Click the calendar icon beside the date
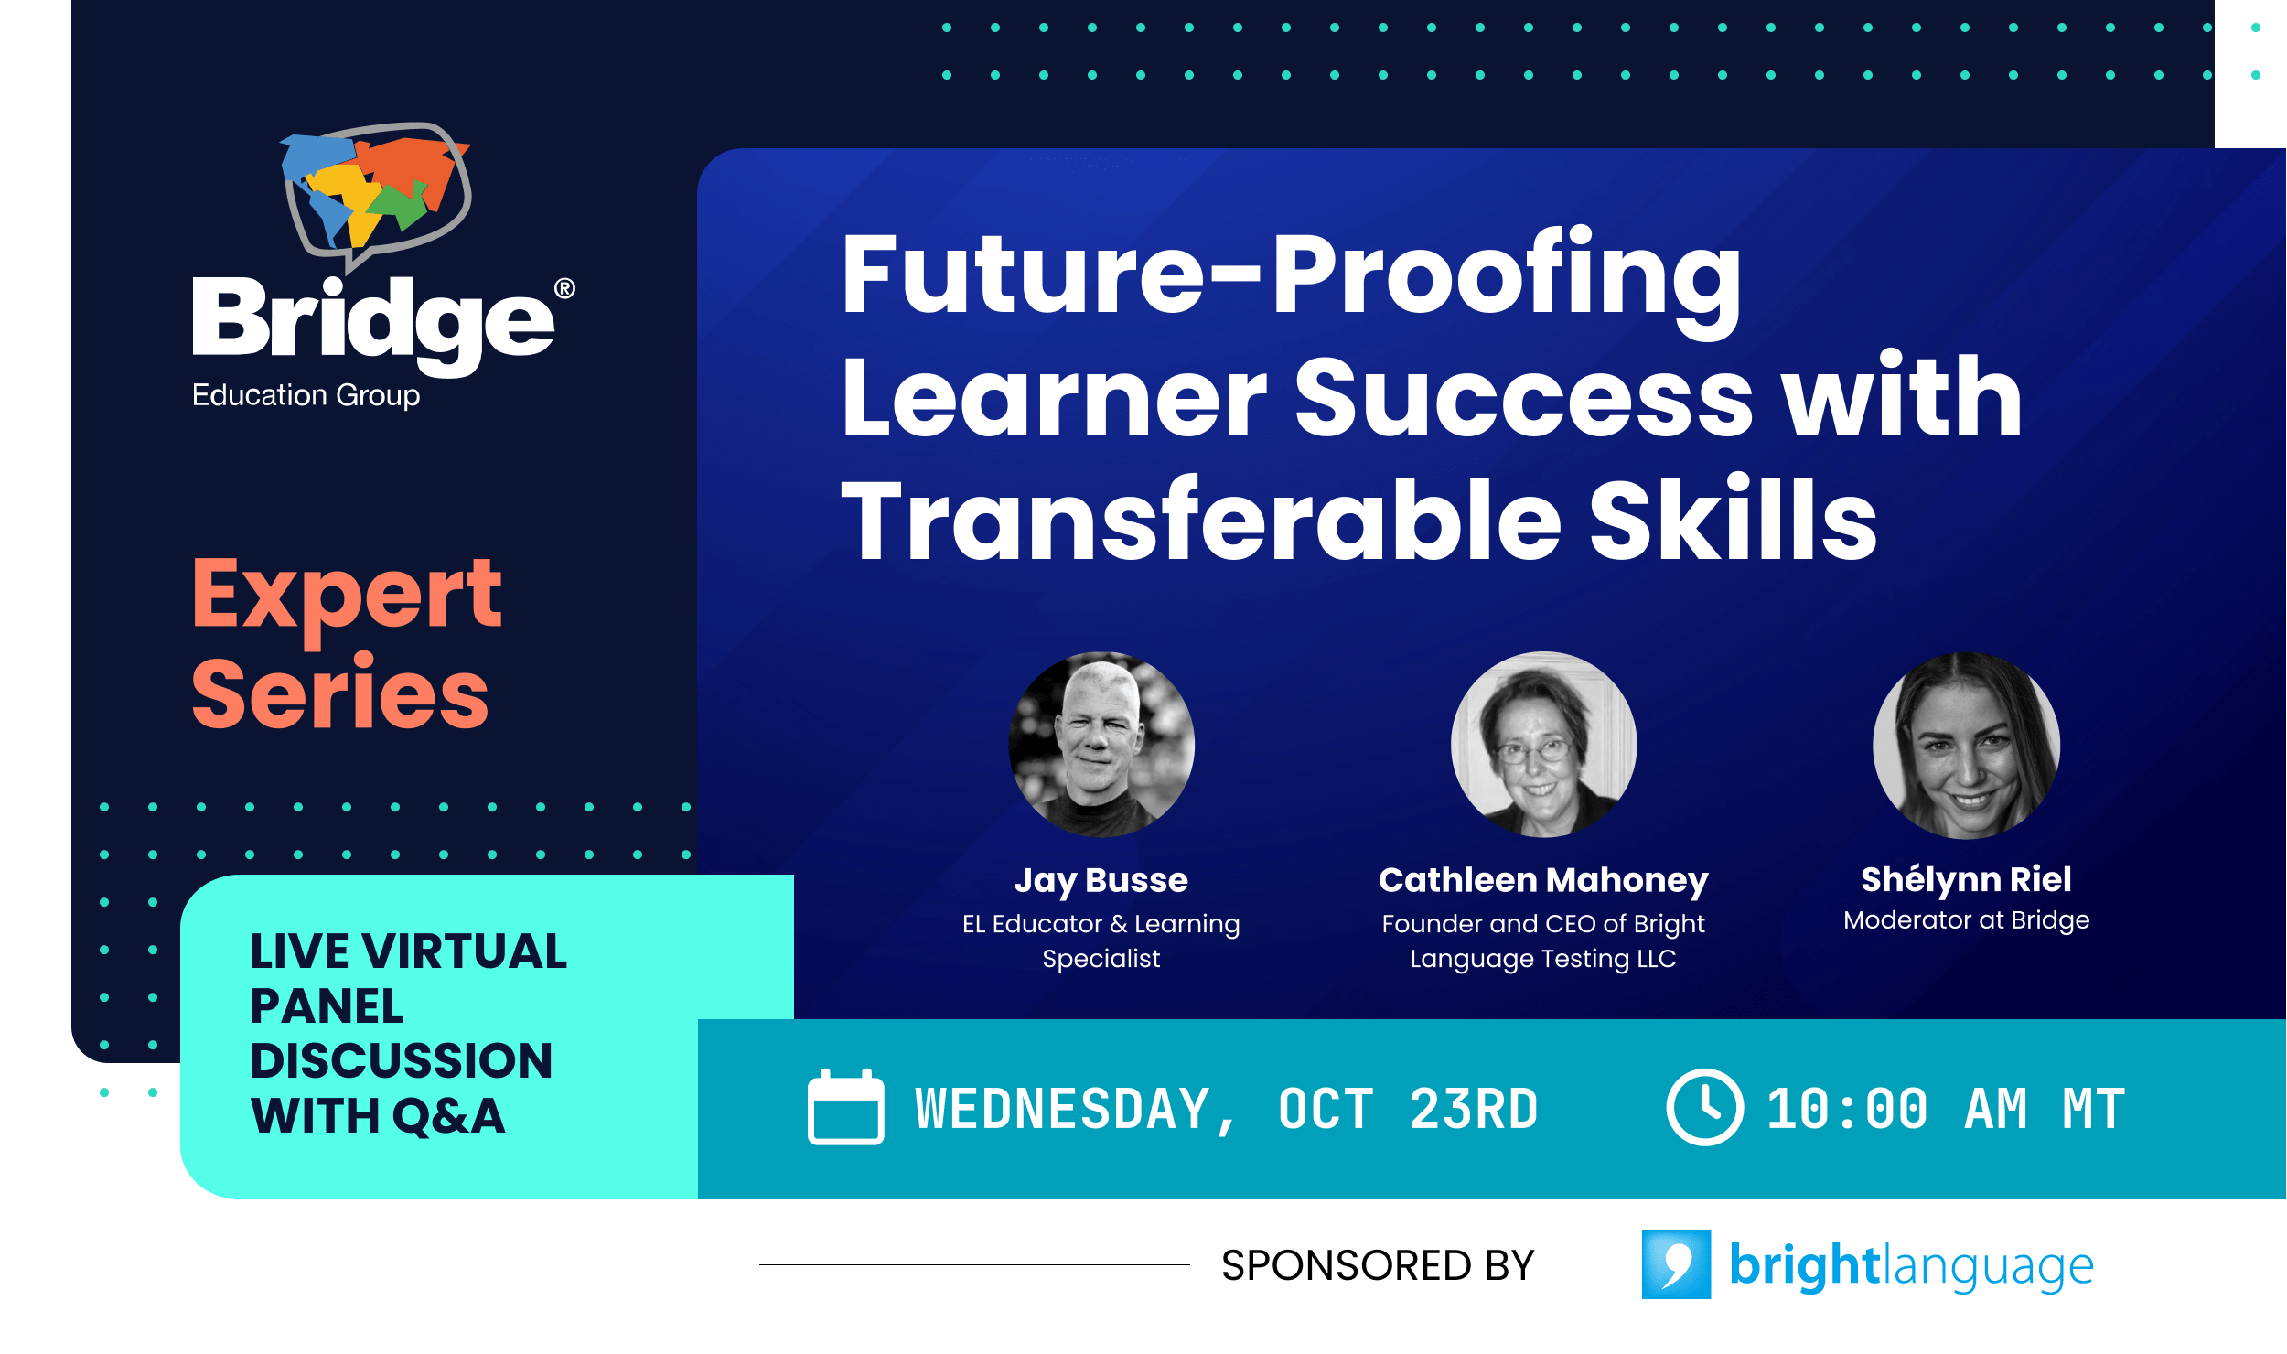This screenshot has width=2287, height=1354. click(x=845, y=1107)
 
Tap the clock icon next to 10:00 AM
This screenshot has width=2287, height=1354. click(x=1704, y=1107)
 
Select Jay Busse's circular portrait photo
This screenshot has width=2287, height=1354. click(x=1101, y=745)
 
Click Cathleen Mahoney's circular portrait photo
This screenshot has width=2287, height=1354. click(x=1543, y=745)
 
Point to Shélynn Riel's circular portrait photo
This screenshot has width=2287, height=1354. click(x=1966, y=745)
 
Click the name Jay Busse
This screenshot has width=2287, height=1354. click(x=1101, y=880)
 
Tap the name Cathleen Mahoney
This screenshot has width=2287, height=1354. click(x=1543, y=880)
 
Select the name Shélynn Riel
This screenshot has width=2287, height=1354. click(x=1966, y=879)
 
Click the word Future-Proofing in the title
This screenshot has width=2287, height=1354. click(x=1291, y=274)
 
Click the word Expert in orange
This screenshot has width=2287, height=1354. click(x=347, y=595)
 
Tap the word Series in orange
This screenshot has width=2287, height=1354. click(x=340, y=695)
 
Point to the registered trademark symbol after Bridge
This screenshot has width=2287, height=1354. click(x=564, y=289)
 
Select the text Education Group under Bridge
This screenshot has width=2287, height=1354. click(x=306, y=395)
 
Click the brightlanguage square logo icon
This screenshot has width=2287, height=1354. click(x=1676, y=1265)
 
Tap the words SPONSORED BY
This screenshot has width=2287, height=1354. click(x=1377, y=1266)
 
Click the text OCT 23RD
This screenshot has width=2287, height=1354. click(x=1408, y=1110)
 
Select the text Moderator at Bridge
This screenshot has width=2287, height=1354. click(x=1966, y=920)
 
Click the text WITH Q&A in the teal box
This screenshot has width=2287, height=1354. click(x=377, y=1116)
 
